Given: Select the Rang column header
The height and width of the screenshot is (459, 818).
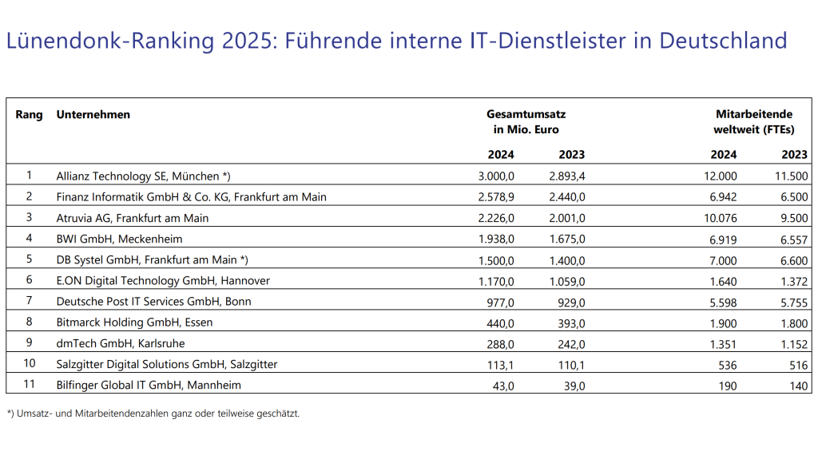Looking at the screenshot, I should point(29,115).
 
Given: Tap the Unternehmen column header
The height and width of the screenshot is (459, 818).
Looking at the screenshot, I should point(93,115).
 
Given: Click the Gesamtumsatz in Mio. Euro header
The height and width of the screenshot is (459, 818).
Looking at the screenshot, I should point(526,121).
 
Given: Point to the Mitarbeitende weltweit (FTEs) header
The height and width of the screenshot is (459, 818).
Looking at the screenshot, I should point(752,121).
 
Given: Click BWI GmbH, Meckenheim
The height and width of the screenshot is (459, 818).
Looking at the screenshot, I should point(119,239).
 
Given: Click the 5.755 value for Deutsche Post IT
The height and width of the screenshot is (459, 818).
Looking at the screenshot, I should point(793,301).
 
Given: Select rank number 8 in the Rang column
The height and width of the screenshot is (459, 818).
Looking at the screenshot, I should point(29,322).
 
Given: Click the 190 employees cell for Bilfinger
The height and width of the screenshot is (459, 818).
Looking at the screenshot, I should point(726,385).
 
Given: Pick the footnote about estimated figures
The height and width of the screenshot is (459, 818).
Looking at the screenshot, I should point(153,413).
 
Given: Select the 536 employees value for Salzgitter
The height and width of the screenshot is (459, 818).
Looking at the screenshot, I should point(726,364).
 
